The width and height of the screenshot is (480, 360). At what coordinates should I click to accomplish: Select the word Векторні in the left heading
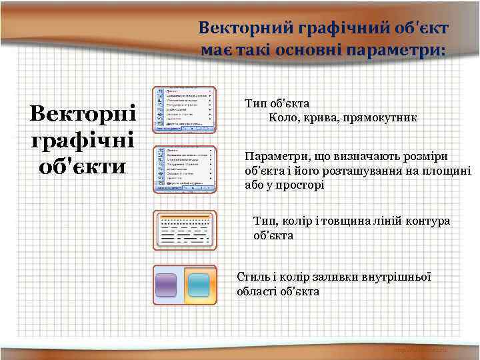tap(83, 113)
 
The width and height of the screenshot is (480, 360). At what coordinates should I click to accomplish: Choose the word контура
tap(427, 221)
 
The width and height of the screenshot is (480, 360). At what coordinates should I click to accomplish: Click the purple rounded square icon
tap(165, 285)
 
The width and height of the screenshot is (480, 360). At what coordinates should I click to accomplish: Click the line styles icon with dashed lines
tap(185, 230)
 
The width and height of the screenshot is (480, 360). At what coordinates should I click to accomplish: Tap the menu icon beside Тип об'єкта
tap(185, 109)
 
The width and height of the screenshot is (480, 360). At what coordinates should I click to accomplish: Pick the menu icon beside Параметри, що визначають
tap(185, 169)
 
